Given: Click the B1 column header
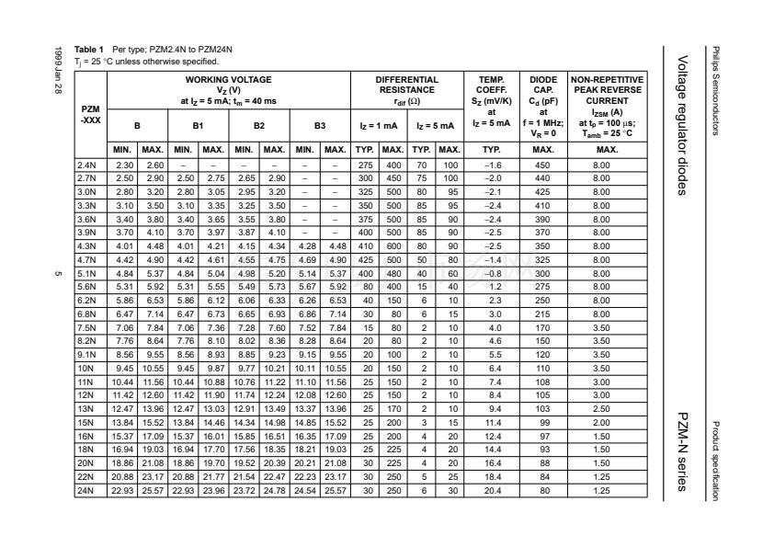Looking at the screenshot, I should pyautogui.click(x=198, y=124).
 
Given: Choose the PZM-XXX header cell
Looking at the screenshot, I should pyautogui.click(x=90, y=114).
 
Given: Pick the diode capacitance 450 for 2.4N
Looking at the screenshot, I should pyautogui.click(x=543, y=164).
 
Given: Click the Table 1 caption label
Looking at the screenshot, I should pyautogui.click(x=90, y=47).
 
